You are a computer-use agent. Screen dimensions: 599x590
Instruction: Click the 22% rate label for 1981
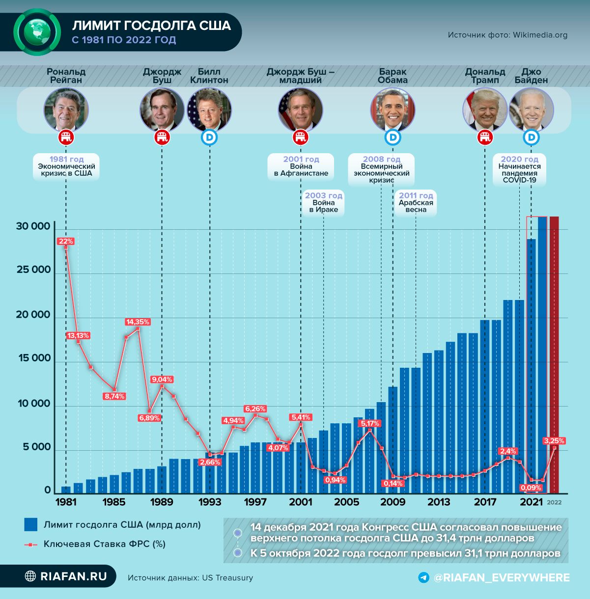[65, 241]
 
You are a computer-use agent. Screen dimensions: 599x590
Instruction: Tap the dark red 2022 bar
[554, 354]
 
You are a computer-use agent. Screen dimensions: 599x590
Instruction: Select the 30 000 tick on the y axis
[33, 226]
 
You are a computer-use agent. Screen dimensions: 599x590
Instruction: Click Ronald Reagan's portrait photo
[66, 109]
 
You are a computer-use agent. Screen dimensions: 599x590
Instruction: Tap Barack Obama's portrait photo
[393, 109]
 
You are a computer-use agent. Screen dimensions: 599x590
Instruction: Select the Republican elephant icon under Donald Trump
[485, 138]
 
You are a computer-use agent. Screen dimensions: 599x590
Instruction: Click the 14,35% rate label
[138, 322]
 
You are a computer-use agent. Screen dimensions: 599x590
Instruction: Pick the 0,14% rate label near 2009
[393, 483]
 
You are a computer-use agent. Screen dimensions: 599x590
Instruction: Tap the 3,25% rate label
[554, 440]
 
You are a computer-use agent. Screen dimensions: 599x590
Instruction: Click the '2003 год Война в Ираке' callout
[323, 202]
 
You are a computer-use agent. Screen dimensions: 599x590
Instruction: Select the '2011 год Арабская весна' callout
[416, 202]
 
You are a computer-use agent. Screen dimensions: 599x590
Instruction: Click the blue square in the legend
[30, 524]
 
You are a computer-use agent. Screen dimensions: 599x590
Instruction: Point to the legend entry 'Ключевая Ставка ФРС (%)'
[104, 544]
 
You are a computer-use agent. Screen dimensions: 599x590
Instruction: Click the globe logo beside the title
[37, 32]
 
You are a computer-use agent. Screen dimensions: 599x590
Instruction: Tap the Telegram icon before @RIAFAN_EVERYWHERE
[423, 577]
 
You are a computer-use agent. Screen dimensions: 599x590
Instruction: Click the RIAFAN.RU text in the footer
[73, 576]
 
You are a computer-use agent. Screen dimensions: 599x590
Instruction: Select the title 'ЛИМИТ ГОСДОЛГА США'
[151, 26]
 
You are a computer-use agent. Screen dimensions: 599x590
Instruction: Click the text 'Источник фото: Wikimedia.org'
[507, 35]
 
